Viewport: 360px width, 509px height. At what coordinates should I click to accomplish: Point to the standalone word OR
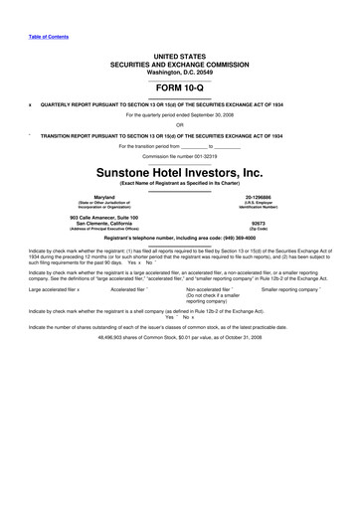click(179, 124)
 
